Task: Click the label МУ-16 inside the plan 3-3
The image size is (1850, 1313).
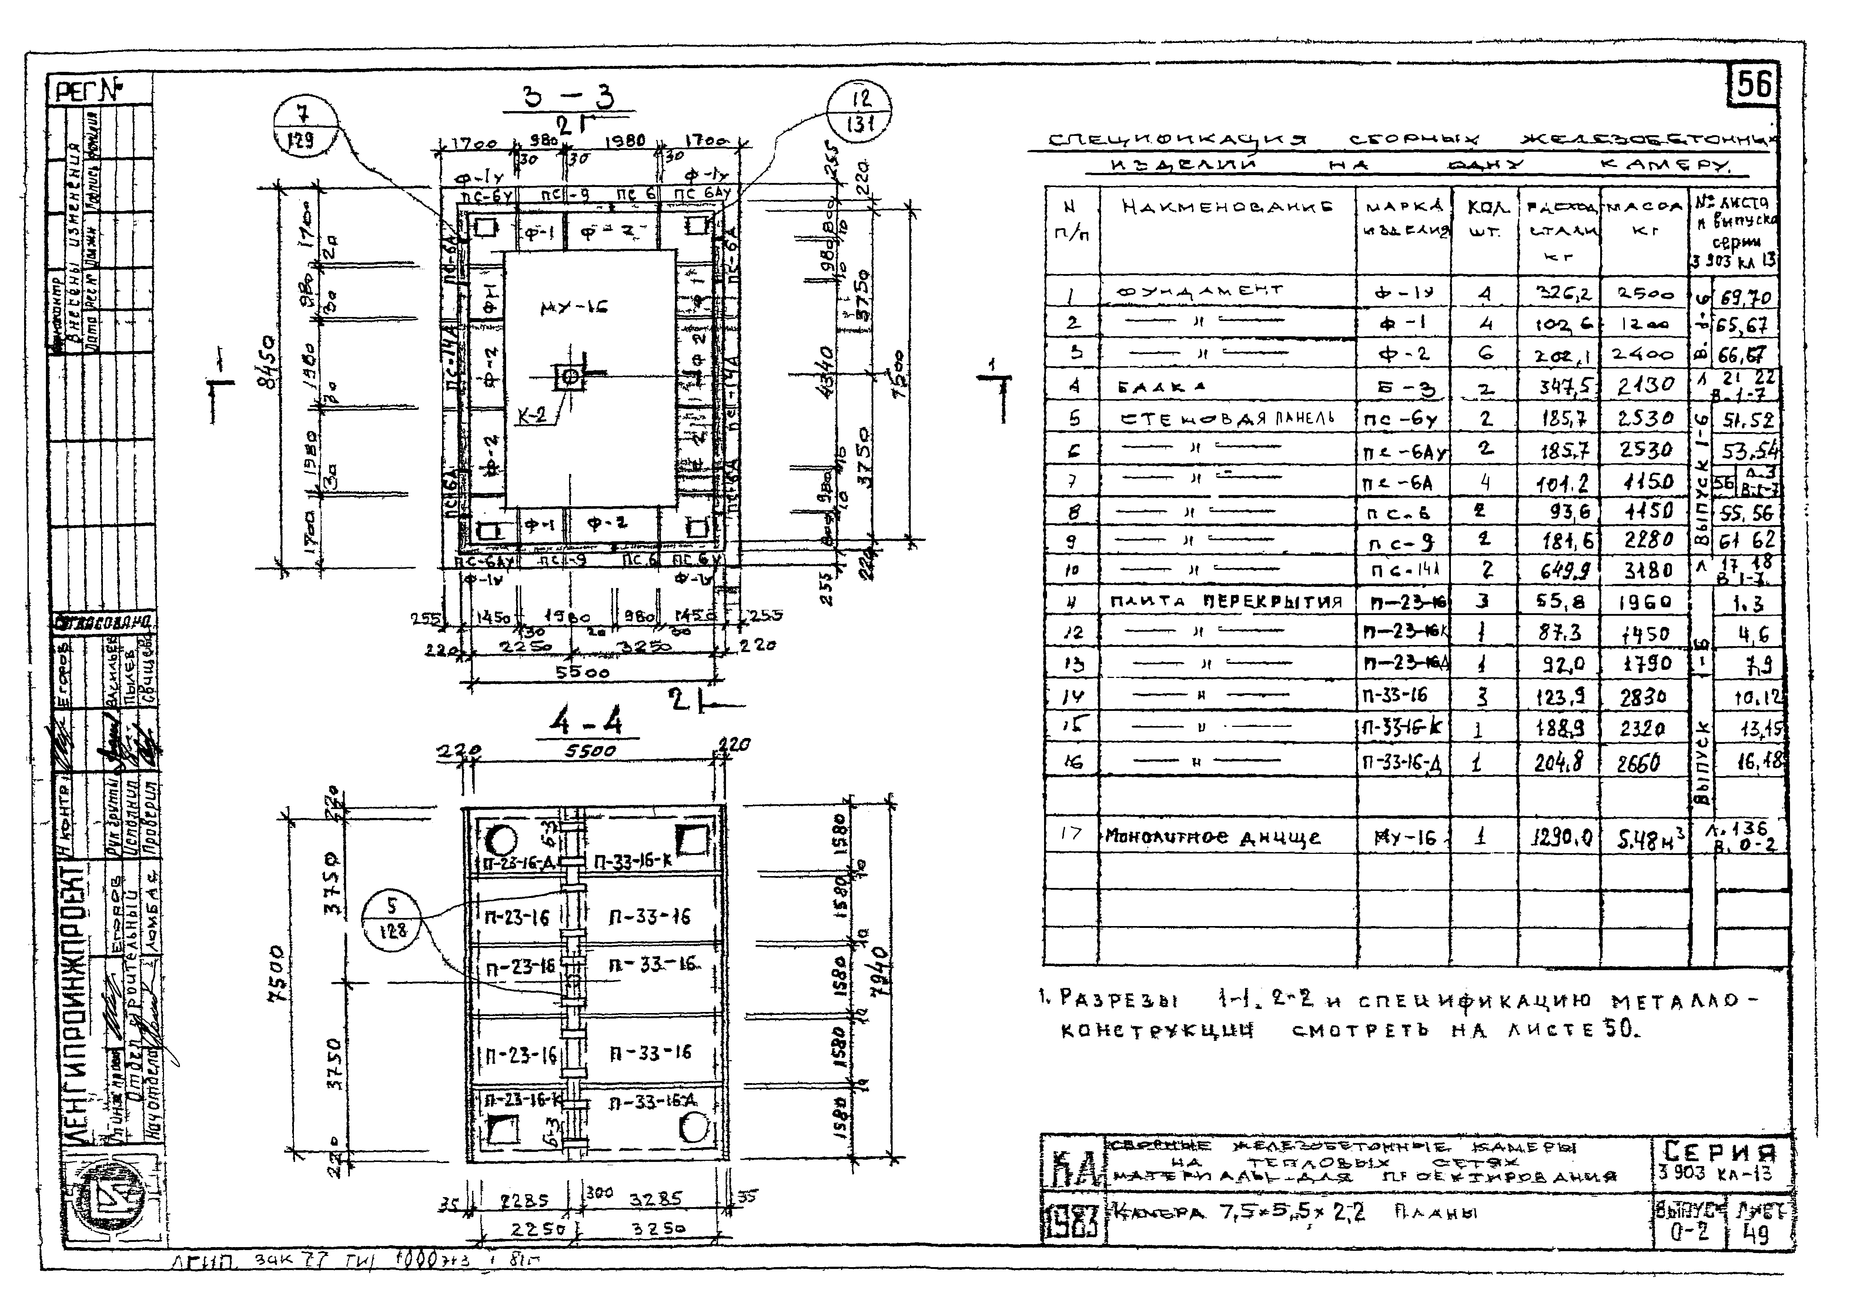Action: tap(573, 307)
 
